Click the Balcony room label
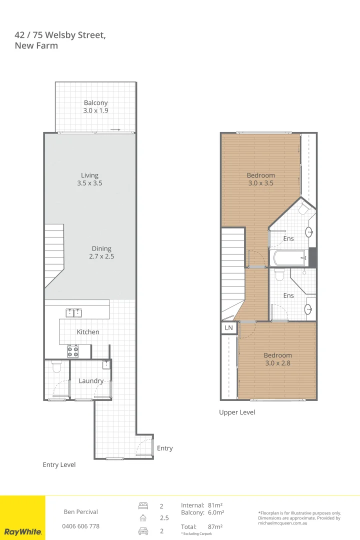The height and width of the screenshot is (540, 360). coord(95,106)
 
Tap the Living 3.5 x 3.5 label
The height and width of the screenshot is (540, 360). coord(90,179)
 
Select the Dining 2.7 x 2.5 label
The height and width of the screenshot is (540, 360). coord(101,252)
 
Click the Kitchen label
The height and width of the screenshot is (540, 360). coord(88,332)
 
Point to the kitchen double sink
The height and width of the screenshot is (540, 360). coord(74,313)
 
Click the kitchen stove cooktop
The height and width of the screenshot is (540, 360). coord(72,351)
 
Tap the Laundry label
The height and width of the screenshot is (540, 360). coord(91,381)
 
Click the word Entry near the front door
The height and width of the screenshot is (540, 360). coord(164,448)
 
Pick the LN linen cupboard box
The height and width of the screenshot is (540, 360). coord(229,328)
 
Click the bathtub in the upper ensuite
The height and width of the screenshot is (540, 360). coord(289,258)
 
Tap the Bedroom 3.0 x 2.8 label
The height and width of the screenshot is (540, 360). coord(277,359)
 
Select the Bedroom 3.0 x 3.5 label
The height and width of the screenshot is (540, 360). coord(260,179)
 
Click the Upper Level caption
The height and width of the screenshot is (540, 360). coord(237,412)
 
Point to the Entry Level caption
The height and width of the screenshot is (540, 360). coord(59,465)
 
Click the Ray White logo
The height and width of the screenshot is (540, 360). coord(22,531)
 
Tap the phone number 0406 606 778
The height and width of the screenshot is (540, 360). coord(80,526)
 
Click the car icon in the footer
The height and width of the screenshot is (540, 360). coord(143,531)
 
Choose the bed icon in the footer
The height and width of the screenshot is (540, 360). coord(143,506)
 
